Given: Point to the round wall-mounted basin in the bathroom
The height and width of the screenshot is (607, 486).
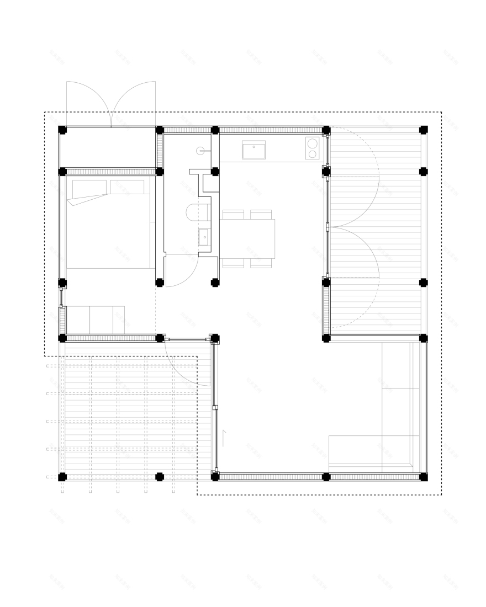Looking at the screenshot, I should (x=200, y=150).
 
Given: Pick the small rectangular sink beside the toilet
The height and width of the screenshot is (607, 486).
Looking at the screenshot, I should (x=204, y=237).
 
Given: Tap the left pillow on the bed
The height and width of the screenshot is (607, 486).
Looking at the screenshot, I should (x=89, y=188).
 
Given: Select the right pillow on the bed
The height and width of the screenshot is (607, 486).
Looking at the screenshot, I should (x=126, y=187).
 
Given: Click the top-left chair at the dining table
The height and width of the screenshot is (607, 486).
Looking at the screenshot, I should (x=233, y=214).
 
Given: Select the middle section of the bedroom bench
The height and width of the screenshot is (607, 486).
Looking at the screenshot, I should (x=101, y=320).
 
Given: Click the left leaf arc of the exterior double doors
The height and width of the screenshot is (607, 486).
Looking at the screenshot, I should (x=88, y=99).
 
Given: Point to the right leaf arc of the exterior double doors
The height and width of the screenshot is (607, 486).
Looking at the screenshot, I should (x=134, y=99).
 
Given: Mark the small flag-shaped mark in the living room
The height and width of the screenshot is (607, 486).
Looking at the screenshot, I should (x=223, y=437).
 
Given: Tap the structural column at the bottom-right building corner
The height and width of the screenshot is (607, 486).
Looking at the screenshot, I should (x=424, y=477).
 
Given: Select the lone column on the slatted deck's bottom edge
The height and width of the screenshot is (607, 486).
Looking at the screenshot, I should (x=160, y=476).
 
